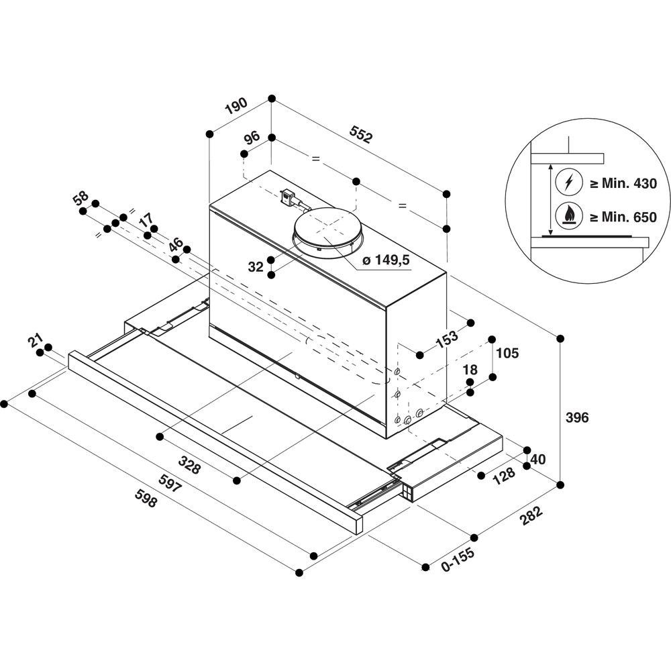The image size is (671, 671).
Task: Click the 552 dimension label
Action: click(361, 134)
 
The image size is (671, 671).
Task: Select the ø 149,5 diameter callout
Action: click(386, 260)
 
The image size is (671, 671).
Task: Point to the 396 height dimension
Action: click(577, 417)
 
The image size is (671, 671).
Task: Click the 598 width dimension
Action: click(146, 498)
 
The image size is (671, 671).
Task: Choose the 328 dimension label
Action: click(189, 465)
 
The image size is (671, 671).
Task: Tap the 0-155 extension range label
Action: click(458, 560)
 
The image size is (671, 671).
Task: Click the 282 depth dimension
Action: click(531, 515)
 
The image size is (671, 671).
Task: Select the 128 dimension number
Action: click(504, 475)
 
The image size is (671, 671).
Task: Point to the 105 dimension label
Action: click(507, 353)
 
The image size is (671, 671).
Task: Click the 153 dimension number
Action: click(446, 338)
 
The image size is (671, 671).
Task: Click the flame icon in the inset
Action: click(568, 215)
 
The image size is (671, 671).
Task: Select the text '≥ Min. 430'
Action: click(623, 184)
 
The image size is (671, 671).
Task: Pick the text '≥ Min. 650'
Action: click(623, 217)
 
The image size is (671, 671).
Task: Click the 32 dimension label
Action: click(256, 267)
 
